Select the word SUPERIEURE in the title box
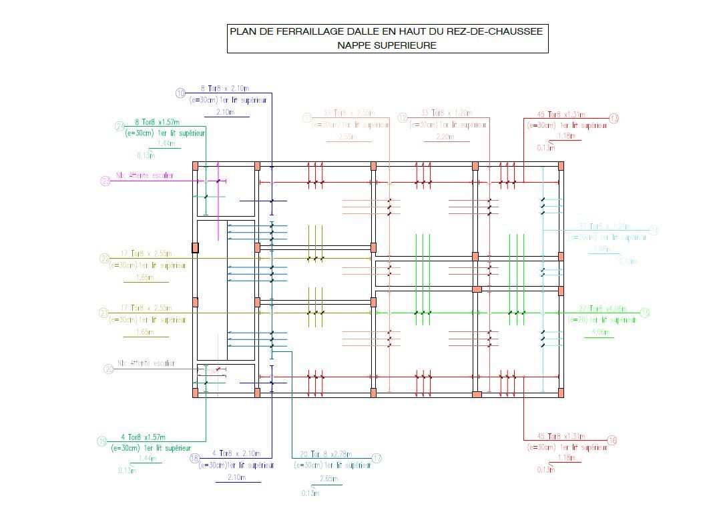406,45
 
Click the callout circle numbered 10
180,93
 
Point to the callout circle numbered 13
614,119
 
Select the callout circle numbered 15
645,313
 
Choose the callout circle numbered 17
377,459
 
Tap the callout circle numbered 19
102,441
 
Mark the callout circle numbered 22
105,259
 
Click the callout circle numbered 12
403,118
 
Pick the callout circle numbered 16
612,441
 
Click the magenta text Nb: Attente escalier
145,176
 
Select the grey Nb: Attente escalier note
146,363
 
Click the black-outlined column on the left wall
195,247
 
